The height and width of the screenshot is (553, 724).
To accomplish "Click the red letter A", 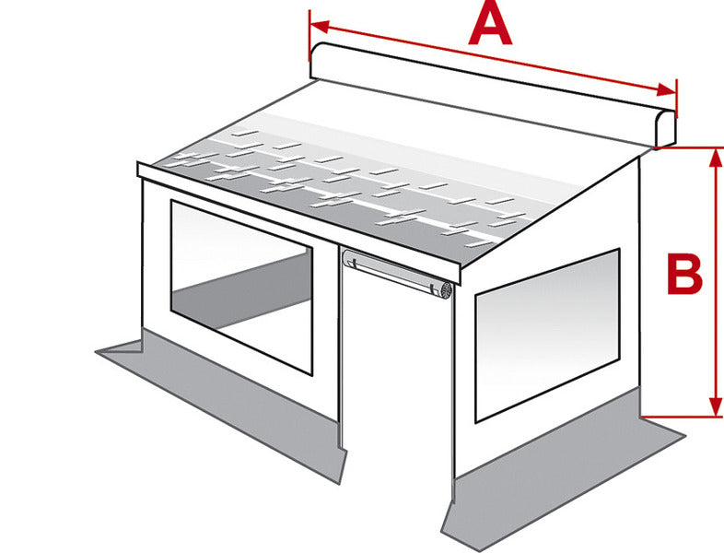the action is coord(490,25).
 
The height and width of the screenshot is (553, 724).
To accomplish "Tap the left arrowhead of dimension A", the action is coord(320,27).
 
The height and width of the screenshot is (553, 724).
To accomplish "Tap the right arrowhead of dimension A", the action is coord(666,90).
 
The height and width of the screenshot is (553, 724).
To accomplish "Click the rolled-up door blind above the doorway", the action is coord(397,273).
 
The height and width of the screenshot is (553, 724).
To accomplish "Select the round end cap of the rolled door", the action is coord(446,290).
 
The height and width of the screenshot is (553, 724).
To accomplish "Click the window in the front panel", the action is coord(241,287).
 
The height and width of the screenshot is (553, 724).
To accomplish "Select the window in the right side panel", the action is coord(547,335).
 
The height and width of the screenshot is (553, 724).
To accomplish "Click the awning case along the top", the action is coord(493,95).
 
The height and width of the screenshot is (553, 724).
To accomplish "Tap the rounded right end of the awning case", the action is coord(665,129).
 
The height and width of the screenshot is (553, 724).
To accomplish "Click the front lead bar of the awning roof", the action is coord(299,223).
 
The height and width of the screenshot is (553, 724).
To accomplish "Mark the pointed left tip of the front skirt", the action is coord(96,352).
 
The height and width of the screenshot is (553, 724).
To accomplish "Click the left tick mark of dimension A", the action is coord(309,36).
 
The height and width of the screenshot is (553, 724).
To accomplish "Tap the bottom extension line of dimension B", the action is coord(682,418).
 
